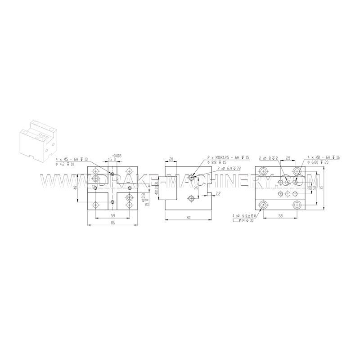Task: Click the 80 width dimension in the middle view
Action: [188, 218]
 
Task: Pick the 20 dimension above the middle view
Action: [171, 159]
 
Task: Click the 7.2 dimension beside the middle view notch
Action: [218, 194]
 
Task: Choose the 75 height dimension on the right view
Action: [321, 188]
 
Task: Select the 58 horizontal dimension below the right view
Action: [280, 216]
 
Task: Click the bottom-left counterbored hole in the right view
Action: [263, 205]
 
